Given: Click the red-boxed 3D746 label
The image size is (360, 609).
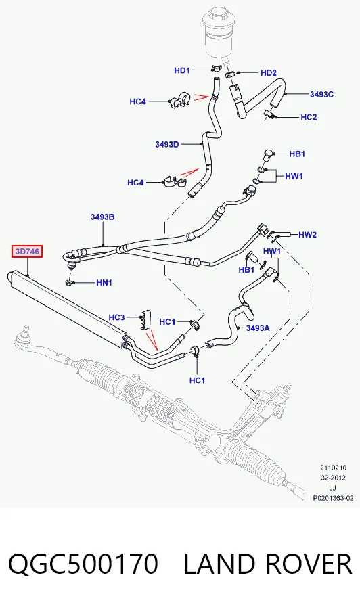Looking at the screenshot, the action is tap(27, 252).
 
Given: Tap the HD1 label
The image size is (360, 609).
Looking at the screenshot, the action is tap(182, 70).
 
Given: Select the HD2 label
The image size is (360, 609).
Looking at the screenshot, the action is tap(269, 72).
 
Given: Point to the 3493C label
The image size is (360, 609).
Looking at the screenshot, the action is tap(321, 94).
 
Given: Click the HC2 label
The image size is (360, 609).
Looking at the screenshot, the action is tap(309, 117).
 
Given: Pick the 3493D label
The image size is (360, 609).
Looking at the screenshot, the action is tap(167, 145).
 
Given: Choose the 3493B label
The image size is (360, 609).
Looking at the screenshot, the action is tap(103, 217).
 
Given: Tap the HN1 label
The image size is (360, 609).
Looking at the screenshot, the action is tap(104, 282).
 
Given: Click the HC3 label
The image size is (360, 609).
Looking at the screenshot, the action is tap(116, 317).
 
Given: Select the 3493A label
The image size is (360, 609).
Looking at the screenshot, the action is tap(258, 328).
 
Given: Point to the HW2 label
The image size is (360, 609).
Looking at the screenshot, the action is tap(308, 235).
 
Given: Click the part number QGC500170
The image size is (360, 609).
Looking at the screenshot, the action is tap(83, 564).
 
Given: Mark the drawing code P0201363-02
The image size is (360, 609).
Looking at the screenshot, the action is tap(334, 498).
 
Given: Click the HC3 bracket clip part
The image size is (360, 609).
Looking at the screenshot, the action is tap(145, 319).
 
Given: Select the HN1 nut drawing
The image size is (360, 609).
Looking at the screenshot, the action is tap(69, 282).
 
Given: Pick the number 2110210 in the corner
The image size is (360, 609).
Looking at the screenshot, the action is tap(334, 468).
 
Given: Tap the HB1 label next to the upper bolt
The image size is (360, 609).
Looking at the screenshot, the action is tap(297, 154).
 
